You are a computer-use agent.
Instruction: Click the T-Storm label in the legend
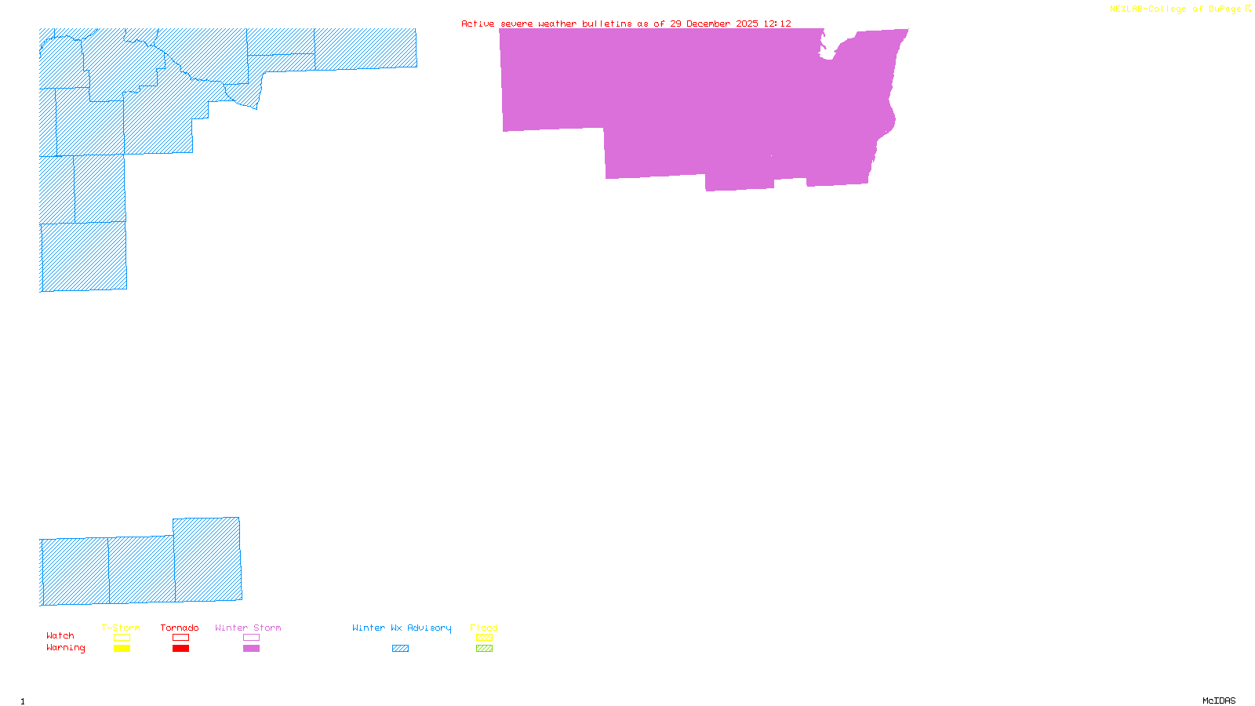pos(121,628)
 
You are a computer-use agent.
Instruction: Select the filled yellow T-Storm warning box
pos(122,649)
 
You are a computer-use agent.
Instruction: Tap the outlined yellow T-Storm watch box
pos(122,638)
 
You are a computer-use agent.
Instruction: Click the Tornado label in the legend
pos(180,628)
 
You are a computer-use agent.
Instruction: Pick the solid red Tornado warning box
pos(180,649)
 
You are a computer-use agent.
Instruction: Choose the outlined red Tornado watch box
pos(180,638)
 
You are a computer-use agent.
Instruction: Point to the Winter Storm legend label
pos(248,628)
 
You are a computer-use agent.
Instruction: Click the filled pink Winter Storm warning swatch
pos(251,649)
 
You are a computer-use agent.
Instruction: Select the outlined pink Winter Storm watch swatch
pos(251,638)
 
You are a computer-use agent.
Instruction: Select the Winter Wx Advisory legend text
pos(402,628)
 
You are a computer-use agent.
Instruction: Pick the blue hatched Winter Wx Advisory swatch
pos(400,649)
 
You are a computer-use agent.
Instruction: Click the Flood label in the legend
pos(484,628)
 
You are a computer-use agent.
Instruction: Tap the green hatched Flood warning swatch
pos(484,649)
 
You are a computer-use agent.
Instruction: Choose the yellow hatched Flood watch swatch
pos(484,638)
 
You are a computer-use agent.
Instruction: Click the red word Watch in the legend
pos(60,636)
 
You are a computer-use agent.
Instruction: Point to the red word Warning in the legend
pos(65,648)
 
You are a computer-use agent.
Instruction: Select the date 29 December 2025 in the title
pos(714,24)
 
